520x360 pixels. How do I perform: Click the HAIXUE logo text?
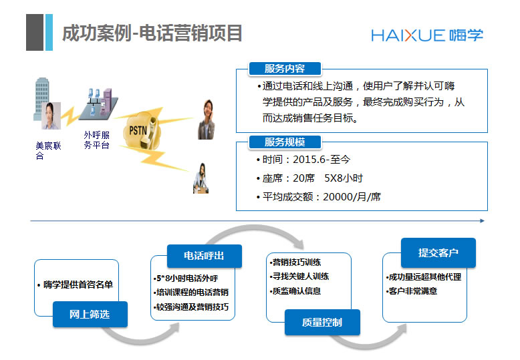point(408,35)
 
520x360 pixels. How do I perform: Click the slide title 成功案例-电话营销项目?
point(152,33)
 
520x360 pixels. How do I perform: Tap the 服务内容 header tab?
point(285,69)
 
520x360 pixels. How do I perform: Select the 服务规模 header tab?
point(285,142)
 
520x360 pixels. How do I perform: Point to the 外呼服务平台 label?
point(96,140)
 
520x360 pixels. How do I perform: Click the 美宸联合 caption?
point(48,151)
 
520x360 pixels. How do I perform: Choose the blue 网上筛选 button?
point(90,314)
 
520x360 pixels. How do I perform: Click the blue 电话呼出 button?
point(204,255)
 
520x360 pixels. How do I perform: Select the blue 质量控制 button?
point(321,323)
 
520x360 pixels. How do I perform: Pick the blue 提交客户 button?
point(438,253)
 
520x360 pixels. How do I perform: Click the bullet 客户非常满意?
point(413,291)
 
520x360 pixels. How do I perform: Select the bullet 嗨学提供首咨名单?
point(76,285)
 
